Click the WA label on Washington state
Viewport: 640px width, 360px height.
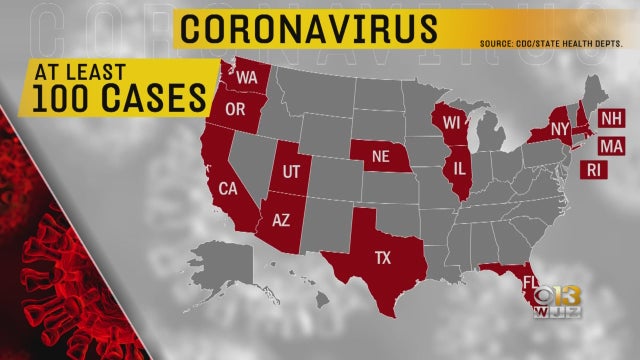tap(247, 77)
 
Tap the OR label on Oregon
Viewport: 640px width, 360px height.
tap(237, 108)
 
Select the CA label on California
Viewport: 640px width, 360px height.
tap(227, 190)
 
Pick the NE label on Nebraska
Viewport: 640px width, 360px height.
tap(379, 156)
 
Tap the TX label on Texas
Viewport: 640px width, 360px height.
tap(382, 257)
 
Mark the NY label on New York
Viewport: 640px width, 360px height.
tap(559, 129)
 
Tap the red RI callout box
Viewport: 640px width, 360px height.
tap(595, 171)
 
